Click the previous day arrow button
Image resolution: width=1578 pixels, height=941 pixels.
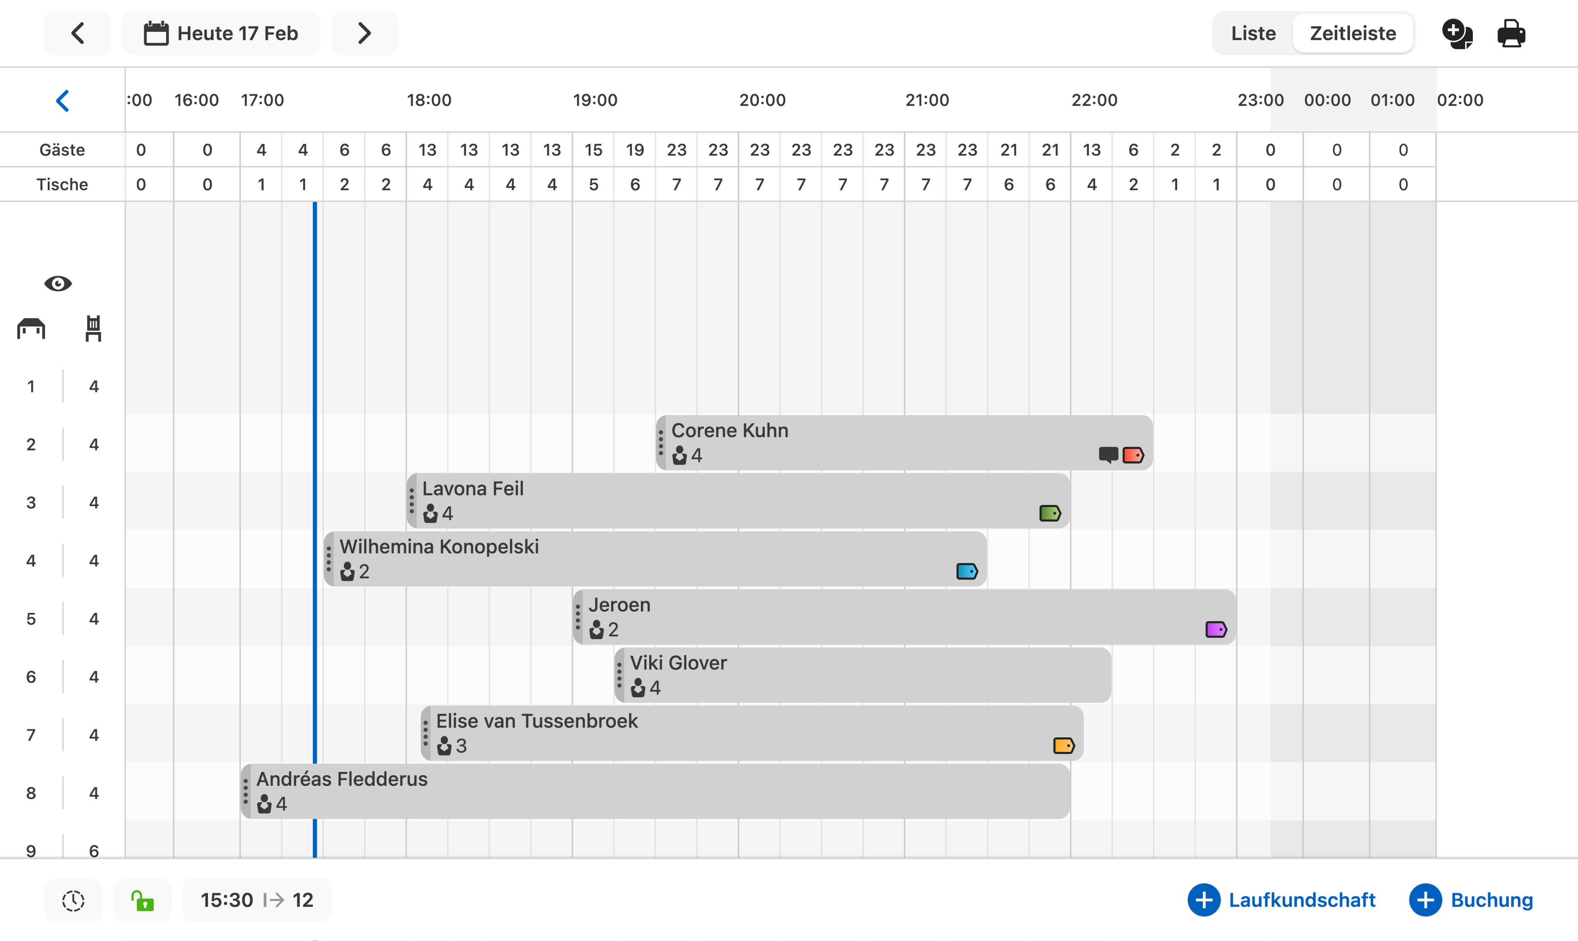point(77,33)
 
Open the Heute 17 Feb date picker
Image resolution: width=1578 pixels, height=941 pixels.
point(221,33)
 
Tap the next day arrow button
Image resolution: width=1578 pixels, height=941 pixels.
point(364,33)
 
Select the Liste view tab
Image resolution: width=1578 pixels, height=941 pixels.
point(1253,33)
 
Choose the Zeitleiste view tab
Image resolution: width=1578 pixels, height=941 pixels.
point(1353,33)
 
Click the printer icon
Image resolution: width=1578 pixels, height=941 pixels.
point(1511,33)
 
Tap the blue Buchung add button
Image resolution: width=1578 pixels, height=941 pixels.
point(1471,900)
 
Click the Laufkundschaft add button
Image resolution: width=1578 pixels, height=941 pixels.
point(1282,900)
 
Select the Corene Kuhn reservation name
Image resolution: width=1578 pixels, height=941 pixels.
point(730,430)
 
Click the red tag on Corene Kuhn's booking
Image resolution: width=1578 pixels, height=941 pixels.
point(1133,455)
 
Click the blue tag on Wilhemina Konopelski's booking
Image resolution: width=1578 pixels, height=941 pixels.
point(966,571)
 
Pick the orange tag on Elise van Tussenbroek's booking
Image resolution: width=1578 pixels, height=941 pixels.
point(1063,746)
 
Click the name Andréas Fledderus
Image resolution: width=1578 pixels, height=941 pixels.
point(342,779)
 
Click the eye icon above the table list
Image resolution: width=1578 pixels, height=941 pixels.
point(58,283)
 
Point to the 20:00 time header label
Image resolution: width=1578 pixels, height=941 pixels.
point(762,100)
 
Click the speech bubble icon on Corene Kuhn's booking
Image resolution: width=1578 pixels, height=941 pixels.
point(1108,455)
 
